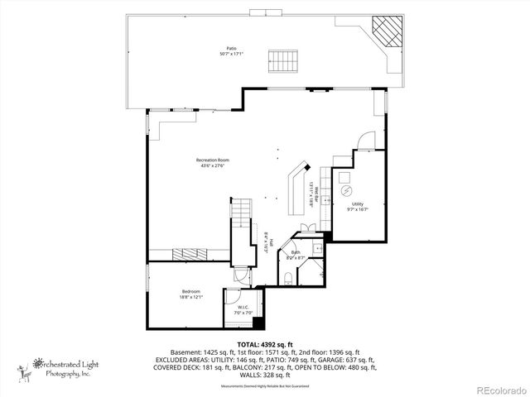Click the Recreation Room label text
[210, 162]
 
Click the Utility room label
[357, 206]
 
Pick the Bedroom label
[191, 294]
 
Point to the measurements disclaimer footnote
[264, 386]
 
